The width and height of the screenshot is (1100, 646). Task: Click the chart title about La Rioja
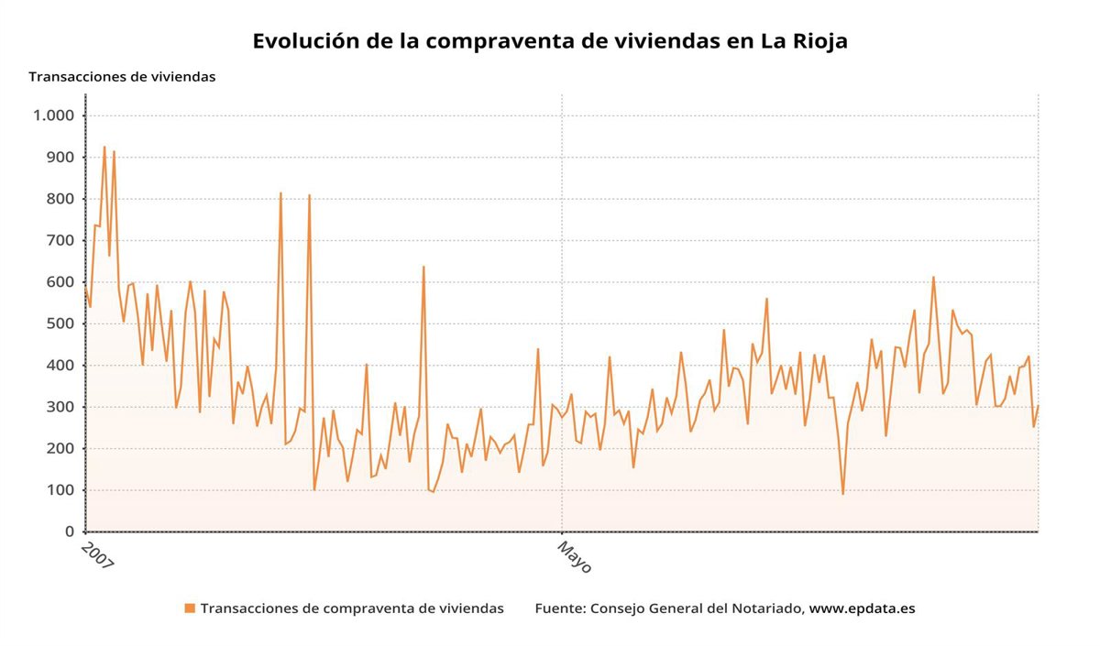550,41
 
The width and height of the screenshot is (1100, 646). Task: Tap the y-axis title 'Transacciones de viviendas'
122,77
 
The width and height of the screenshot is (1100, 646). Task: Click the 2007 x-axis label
97,556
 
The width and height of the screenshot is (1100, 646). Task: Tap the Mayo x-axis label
575,556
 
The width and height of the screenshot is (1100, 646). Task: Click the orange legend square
190,608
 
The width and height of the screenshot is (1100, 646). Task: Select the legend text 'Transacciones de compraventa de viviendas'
352,608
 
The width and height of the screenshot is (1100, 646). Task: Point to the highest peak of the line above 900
104,147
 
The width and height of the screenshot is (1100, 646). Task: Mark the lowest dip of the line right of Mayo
843,494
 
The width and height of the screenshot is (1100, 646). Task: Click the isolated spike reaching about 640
423,267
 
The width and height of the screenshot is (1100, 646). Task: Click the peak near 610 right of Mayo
933,277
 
